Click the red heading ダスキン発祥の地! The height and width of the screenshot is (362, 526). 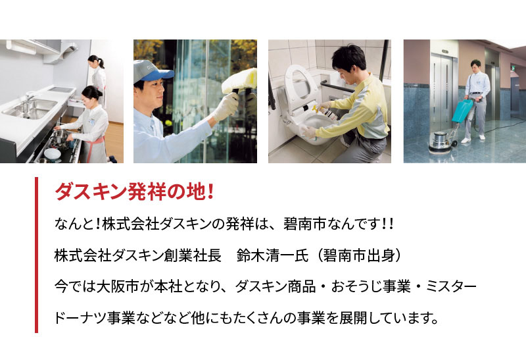click(134, 192)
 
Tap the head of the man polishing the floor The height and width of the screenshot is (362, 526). click(475, 65)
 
